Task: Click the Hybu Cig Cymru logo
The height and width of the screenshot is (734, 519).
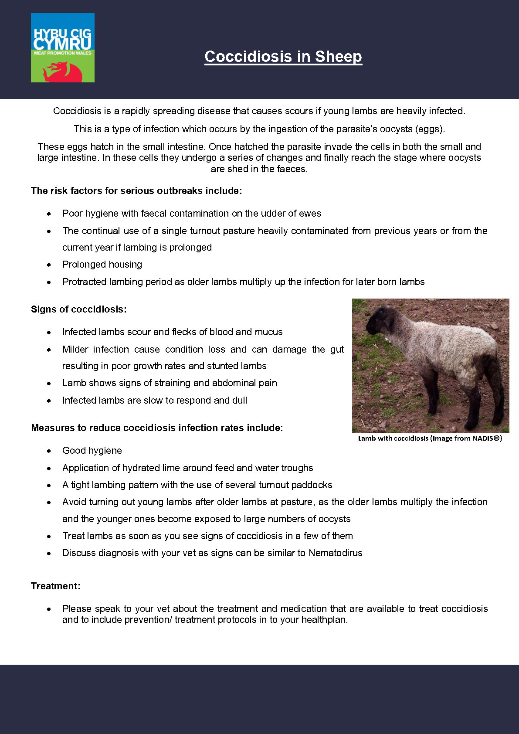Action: [x=62, y=48]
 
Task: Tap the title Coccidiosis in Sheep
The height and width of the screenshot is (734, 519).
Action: [x=283, y=57]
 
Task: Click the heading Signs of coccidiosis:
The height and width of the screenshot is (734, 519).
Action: [x=79, y=309]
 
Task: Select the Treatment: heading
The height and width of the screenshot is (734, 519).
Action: [x=56, y=586]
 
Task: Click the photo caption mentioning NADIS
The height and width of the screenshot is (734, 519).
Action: [x=430, y=438]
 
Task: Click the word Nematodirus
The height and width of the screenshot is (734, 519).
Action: [x=336, y=553]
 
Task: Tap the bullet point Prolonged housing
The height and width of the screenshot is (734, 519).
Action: [x=102, y=265]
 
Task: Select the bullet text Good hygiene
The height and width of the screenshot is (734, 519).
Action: [x=92, y=451]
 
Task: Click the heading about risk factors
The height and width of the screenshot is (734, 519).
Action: [x=136, y=191]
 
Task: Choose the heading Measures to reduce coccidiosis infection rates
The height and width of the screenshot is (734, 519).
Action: [x=157, y=428]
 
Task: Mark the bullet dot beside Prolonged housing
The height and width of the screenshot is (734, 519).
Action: [x=49, y=265]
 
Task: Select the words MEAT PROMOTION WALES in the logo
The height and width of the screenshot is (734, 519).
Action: [x=63, y=53]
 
